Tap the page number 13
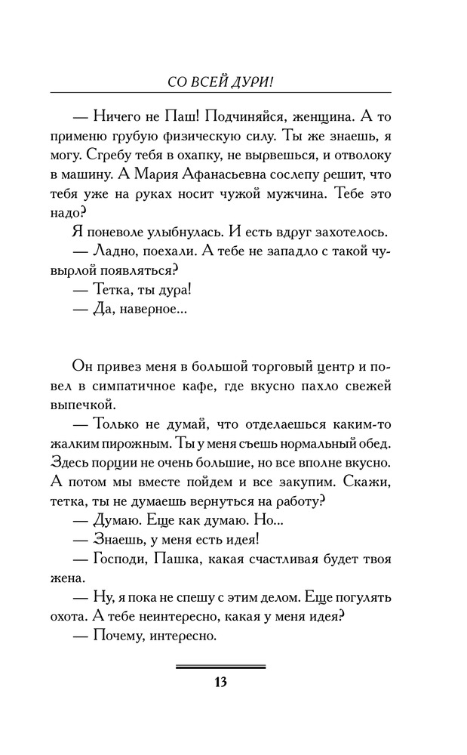click(x=220, y=683)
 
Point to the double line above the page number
click(x=220, y=667)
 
